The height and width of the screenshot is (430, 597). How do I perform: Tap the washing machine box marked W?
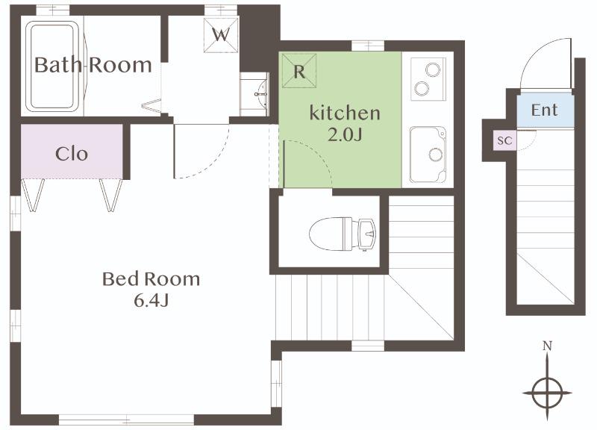click(x=221, y=35)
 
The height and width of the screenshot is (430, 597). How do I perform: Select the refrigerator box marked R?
click(x=299, y=70)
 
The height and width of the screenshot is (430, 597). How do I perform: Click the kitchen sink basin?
click(x=428, y=155)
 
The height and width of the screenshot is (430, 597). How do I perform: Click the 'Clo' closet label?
click(x=72, y=154)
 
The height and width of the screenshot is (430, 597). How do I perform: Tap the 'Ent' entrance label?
click(x=545, y=110)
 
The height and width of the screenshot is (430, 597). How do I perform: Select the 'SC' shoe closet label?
click(x=505, y=140)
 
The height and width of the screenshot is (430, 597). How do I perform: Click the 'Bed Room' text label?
click(x=151, y=279)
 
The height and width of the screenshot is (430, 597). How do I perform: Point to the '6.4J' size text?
click(x=151, y=301)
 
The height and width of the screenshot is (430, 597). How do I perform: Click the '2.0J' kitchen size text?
click(x=345, y=134)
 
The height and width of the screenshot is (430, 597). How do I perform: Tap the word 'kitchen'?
click(x=345, y=113)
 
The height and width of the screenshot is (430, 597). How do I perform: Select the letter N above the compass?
click(x=547, y=346)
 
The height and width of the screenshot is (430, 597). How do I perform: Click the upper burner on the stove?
click(x=433, y=69)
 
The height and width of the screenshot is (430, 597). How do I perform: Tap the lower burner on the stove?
click(x=422, y=88)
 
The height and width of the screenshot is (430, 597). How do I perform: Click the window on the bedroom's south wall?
click(x=126, y=420)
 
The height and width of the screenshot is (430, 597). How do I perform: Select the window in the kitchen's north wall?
click(x=367, y=46)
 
